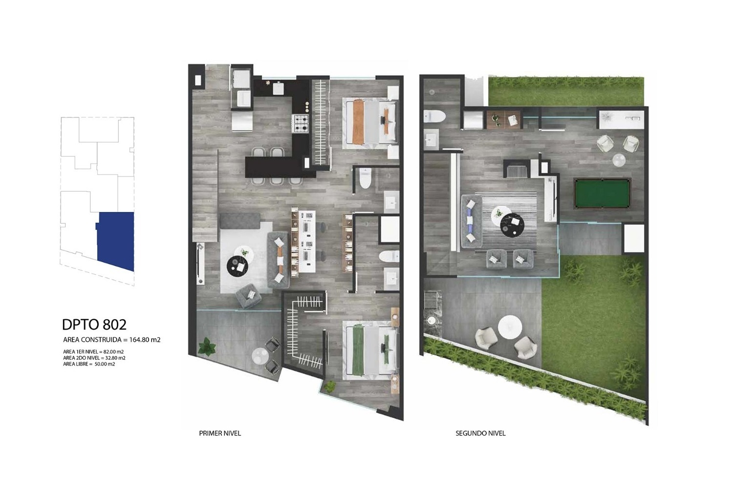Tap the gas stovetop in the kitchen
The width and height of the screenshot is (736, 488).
[301, 124]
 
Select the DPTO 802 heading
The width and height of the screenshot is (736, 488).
[94, 325]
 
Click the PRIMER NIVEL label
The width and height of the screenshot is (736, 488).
[220, 433]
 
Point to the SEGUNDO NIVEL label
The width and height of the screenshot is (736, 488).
[480, 433]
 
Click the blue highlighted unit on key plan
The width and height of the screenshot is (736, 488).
[115, 241]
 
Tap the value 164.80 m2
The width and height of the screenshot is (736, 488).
[145, 340]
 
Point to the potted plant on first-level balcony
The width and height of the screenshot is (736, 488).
[207, 346]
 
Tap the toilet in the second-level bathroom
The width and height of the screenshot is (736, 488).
[434, 116]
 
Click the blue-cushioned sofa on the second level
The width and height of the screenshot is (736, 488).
[472, 222]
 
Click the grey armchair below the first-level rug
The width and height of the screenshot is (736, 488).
[249, 295]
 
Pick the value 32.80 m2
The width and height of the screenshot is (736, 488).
[115, 358]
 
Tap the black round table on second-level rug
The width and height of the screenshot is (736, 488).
[512, 225]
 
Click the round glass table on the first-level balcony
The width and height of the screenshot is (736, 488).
[260, 356]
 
